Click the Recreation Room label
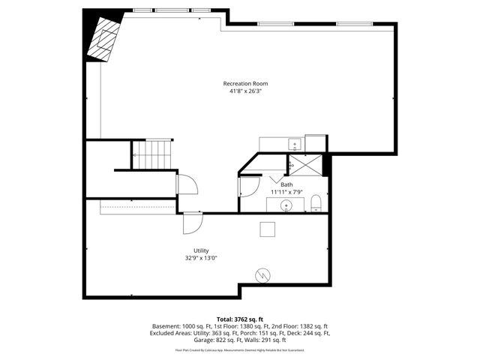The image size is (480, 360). tap(245, 83)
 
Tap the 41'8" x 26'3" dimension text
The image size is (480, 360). tap(245, 91)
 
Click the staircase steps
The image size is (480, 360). tap(153, 155)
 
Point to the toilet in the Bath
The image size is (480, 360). tap(316, 202)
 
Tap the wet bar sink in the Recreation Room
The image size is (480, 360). tap(295, 144)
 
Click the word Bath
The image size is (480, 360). tap(286, 184)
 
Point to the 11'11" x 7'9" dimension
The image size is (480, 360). tap(286, 192)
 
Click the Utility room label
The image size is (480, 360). tap(201, 250)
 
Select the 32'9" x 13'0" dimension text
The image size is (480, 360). tap(201, 259)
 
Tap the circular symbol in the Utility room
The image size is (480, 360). tap(262, 275)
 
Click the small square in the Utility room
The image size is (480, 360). tap(268, 229)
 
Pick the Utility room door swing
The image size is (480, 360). tap(193, 223)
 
